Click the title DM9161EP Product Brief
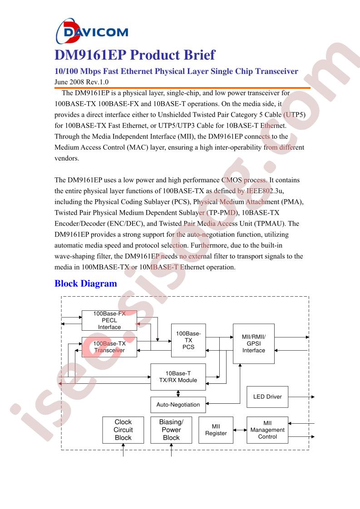(135, 55)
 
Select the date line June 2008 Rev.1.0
(82, 82)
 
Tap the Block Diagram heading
(86, 284)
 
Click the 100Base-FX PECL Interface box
(109, 320)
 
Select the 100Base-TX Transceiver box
(109, 347)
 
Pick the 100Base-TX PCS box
(188, 340)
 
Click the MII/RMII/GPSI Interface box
(253, 343)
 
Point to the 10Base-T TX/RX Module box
(178, 377)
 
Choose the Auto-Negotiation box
(178, 405)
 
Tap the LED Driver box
(267, 396)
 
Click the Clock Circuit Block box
(123, 430)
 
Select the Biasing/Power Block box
(171, 430)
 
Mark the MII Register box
(216, 430)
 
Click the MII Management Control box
(267, 430)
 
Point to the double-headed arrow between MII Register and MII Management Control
(240, 430)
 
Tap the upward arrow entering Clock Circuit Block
(123, 451)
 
